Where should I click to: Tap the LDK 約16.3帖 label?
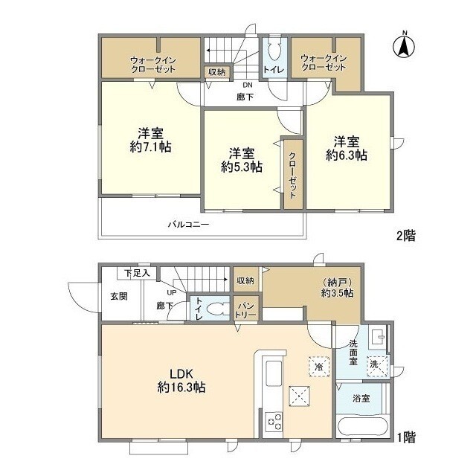pyautogui.click(x=181, y=381)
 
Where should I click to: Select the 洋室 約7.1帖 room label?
pyautogui.click(x=150, y=140)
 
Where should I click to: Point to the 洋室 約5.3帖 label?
pyautogui.click(x=242, y=161)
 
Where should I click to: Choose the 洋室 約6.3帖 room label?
pyautogui.click(x=347, y=149)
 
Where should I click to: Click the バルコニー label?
pyautogui.click(x=188, y=225)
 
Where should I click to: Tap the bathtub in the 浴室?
pyautogui.click(x=362, y=427)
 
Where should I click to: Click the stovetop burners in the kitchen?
pyautogui.click(x=274, y=422)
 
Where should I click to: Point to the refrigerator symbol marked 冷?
pyautogui.click(x=319, y=367)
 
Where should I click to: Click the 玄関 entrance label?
pyautogui.click(x=119, y=296)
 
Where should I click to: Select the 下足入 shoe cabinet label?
pyautogui.click(x=137, y=273)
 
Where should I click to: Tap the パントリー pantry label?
pyautogui.click(x=245, y=310)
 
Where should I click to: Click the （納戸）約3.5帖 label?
pyautogui.click(x=337, y=288)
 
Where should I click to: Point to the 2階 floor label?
pyautogui.click(x=406, y=236)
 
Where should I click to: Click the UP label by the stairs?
pyautogui.click(x=172, y=292)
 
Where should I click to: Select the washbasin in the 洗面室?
pyautogui.click(x=377, y=337)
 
